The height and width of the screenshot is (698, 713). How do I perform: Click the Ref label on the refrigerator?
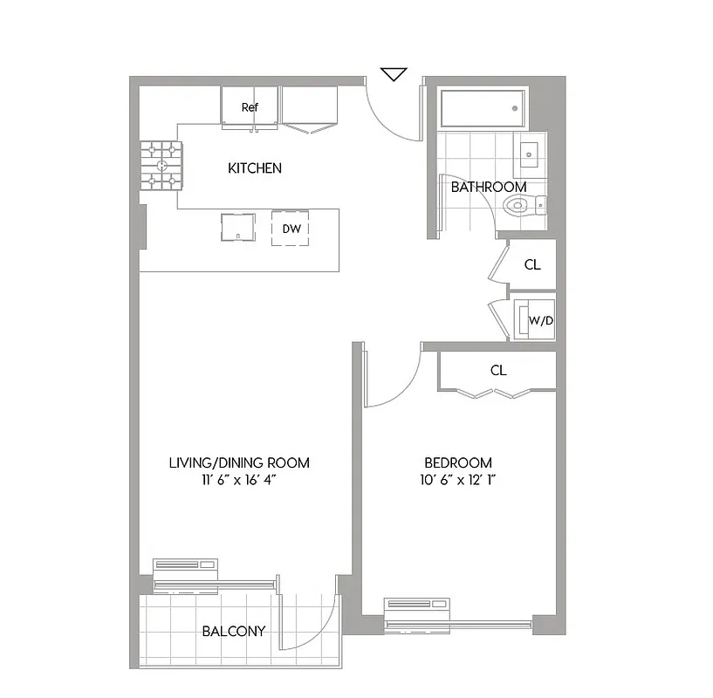(250, 107)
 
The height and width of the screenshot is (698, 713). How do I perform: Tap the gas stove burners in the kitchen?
(162, 166)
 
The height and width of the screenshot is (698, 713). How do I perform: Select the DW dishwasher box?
(291, 229)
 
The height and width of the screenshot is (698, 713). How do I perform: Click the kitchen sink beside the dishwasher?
(237, 227)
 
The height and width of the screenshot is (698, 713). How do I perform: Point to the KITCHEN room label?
(255, 168)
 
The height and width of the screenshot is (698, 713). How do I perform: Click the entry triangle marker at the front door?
(394, 74)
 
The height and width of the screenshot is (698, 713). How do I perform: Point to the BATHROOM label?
(489, 187)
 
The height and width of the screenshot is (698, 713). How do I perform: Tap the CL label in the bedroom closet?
(497, 370)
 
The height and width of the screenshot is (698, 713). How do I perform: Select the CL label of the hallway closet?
(532, 264)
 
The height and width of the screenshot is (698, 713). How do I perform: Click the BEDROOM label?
(458, 462)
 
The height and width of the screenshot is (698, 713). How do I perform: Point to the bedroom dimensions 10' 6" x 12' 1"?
(458, 480)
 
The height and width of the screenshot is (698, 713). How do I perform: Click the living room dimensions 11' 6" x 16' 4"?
(239, 480)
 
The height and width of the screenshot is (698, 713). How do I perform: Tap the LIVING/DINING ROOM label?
(239, 462)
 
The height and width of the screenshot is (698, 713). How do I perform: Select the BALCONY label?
(234, 631)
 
